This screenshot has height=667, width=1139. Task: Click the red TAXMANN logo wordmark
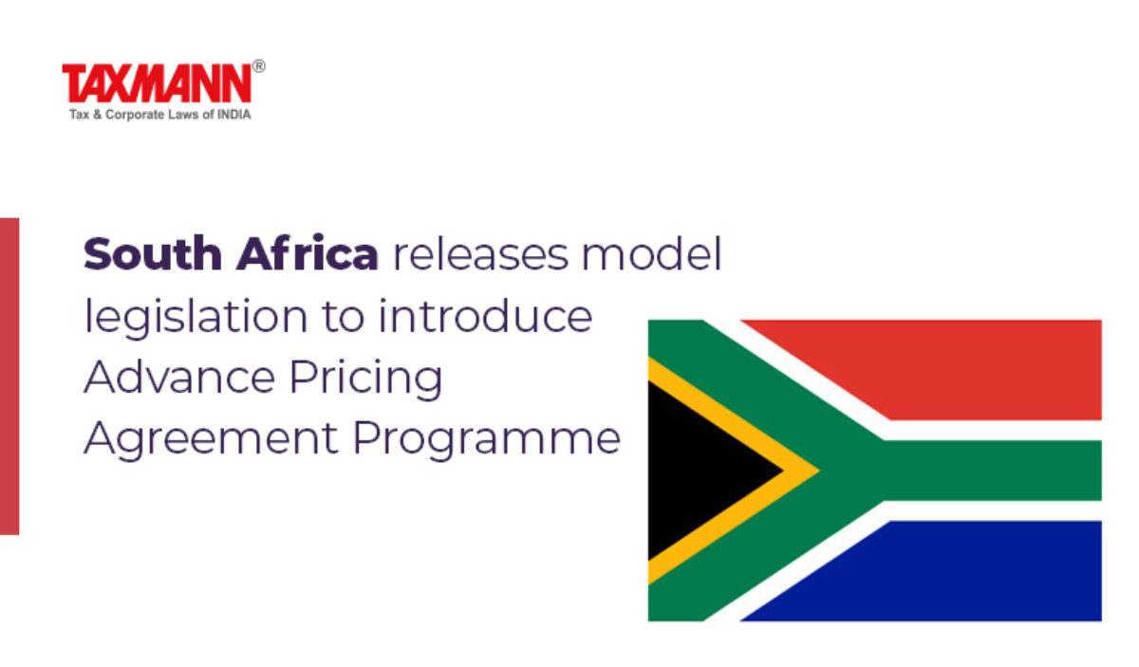pyautogui.click(x=157, y=83)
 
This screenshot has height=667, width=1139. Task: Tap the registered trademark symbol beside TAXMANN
pyautogui.click(x=259, y=66)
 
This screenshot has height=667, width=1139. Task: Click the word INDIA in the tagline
pyautogui.click(x=233, y=115)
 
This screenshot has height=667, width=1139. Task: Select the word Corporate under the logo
pyautogui.click(x=135, y=116)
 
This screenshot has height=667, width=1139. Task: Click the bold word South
pyautogui.click(x=153, y=253)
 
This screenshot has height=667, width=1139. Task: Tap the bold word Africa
pyautogui.click(x=308, y=252)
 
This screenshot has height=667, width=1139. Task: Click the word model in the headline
pyautogui.click(x=651, y=252)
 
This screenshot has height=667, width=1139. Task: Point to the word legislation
pyautogui.click(x=196, y=317)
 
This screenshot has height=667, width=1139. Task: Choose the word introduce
pyautogui.click(x=486, y=316)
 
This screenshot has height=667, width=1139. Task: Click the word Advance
pyautogui.click(x=180, y=377)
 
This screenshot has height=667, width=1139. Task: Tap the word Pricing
pyautogui.click(x=366, y=379)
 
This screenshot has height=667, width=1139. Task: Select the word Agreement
pyautogui.click(x=211, y=438)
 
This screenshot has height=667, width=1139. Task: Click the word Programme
pyautogui.click(x=486, y=438)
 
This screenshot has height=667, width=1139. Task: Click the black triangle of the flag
pyautogui.click(x=701, y=471)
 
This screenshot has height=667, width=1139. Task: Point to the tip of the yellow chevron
pyautogui.click(x=818, y=471)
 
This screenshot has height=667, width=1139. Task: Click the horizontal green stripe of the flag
pyautogui.click(x=992, y=471)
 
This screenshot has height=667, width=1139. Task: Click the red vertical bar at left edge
pyautogui.click(x=9, y=377)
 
